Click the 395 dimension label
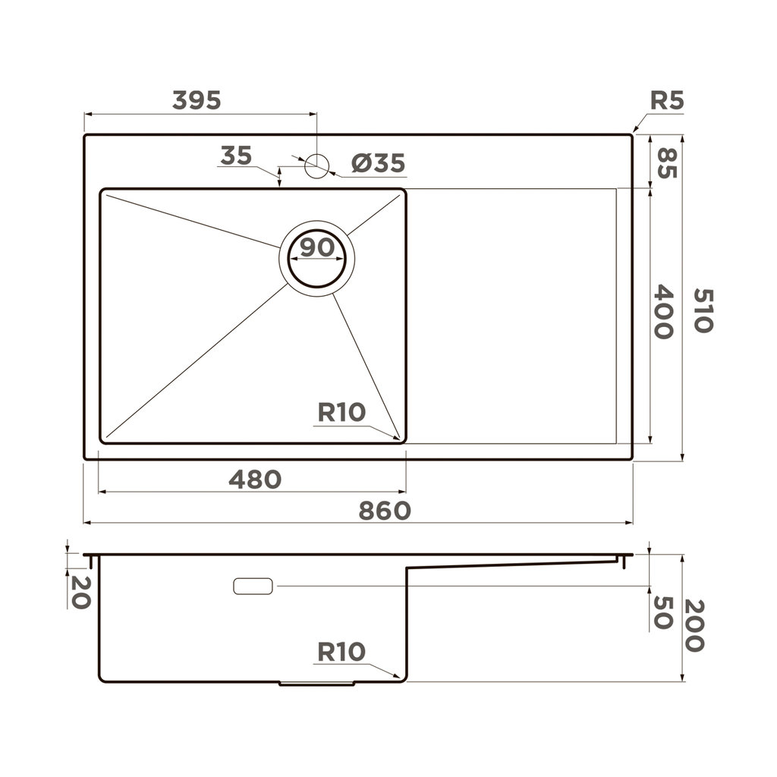(197, 100)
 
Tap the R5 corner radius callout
(667, 101)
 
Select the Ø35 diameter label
(378, 163)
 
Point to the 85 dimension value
(665, 162)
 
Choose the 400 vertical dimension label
(663, 311)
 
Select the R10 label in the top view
(341, 413)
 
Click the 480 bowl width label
(255, 480)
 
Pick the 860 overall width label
(385, 511)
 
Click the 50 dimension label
(663, 612)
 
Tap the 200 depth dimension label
(694, 626)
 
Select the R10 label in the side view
(341, 652)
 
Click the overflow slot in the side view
(253, 586)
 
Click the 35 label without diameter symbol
(236, 156)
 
